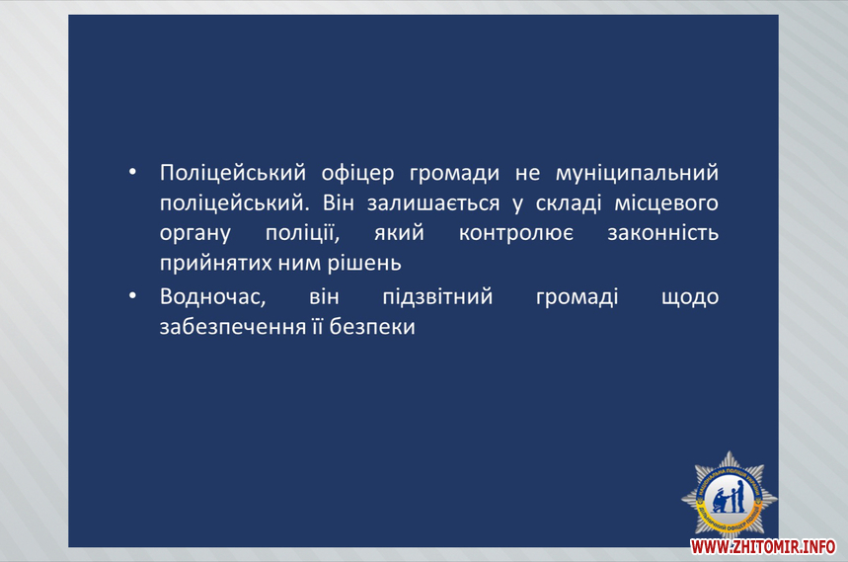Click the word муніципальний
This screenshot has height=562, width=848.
coord(637,173)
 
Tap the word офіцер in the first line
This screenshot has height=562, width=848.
coord(357,173)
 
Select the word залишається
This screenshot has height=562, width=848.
coord(433,203)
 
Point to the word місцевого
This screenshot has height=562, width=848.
coord(666,203)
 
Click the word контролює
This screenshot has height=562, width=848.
coord(516,233)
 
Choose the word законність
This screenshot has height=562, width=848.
coord(663,233)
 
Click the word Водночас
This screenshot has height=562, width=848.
coord(212,296)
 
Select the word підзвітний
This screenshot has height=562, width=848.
coord(437,296)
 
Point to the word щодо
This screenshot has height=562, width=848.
coord(690,297)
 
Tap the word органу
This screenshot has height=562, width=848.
coord(195,234)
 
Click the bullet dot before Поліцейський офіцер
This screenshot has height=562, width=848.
coord(132,172)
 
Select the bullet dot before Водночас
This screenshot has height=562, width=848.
coord(132,296)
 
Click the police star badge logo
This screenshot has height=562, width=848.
coord(729,496)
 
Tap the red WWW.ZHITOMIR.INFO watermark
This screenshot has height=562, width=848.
coord(762,547)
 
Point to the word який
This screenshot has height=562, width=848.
coord(399,233)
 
